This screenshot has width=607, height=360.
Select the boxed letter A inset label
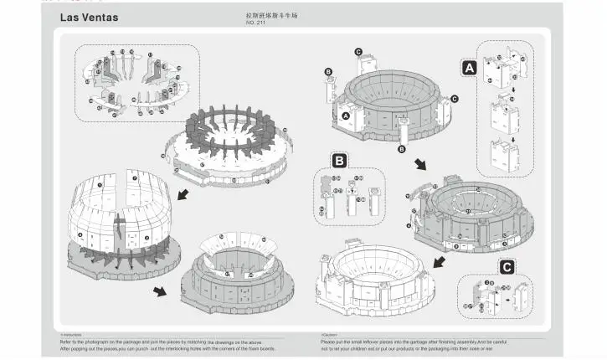[470, 66]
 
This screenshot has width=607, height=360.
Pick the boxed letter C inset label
[507, 267]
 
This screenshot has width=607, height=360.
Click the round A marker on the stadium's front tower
[344, 116]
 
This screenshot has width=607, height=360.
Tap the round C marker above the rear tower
[358, 52]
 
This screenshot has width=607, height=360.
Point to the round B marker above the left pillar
[328, 71]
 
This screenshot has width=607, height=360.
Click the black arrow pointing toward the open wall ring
[183, 194]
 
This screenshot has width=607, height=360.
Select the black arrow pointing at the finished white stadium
[439, 262]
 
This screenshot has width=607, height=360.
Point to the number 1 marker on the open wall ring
[100, 184]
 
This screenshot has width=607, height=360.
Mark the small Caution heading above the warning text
[328, 334]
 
